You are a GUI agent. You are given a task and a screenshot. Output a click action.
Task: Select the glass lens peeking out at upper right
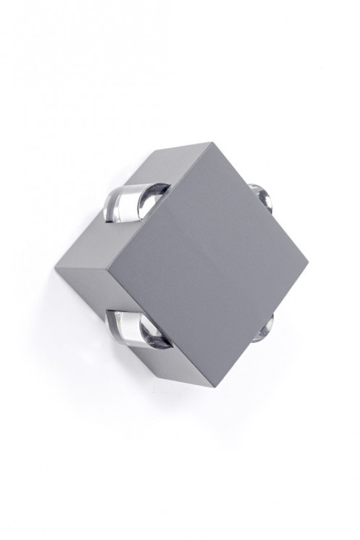coord(263,196)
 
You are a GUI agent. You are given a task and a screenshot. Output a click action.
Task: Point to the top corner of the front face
coord(212,143)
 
